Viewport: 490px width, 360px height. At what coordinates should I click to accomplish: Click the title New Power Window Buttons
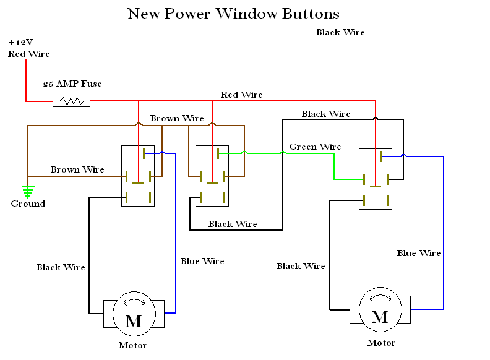point(233,14)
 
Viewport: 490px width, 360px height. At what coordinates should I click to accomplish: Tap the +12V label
point(20,42)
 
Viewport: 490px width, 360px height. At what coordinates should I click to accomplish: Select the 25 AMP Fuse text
point(72,84)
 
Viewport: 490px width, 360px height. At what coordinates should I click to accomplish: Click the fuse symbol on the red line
point(72,101)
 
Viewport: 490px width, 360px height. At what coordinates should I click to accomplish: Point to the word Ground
point(28,204)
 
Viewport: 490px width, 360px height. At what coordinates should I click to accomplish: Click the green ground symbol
point(27,190)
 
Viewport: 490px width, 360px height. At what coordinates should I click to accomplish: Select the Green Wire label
point(315,147)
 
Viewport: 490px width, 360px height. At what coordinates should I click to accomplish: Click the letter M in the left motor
point(133,321)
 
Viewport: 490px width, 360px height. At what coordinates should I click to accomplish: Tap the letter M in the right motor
point(380,317)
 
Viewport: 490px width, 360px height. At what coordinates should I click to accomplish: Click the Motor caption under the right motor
point(381,343)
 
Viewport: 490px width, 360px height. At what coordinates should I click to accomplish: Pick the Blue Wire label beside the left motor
point(202,261)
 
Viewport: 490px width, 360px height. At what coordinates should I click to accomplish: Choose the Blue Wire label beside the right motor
point(419,253)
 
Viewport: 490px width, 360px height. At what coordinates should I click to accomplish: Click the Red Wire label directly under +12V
point(28,54)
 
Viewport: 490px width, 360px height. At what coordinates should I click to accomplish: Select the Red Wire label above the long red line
point(241,95)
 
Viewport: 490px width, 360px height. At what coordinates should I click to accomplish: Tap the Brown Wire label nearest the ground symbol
point(77,169)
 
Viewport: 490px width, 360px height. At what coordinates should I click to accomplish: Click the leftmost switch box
point(138,176)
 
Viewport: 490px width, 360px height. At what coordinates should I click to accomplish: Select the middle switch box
point(212,176)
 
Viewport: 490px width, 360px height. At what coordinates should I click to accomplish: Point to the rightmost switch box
point(376,178)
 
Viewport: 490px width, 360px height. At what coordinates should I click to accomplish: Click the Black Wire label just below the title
point(340,32)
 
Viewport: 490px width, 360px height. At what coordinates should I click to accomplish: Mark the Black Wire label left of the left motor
point(61,267)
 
